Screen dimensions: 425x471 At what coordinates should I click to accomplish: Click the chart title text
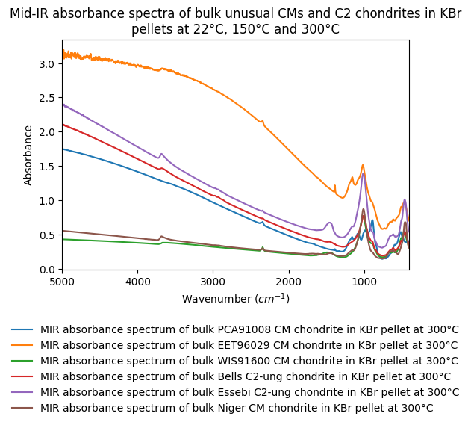235,22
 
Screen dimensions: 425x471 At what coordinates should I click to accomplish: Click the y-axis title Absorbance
28,155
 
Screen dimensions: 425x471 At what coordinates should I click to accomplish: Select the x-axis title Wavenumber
235,299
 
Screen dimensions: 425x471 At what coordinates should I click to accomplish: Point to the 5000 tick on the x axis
63,282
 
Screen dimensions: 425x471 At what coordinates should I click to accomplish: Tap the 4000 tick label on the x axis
137,282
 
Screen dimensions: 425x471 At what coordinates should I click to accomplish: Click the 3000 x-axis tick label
213,282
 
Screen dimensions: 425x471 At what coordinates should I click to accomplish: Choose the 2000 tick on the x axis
288,282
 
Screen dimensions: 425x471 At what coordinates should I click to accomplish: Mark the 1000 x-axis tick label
364,282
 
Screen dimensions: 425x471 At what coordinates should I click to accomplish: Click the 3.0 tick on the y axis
46,64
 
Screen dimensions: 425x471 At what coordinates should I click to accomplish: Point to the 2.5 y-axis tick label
46,98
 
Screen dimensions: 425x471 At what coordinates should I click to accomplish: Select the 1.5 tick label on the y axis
46,167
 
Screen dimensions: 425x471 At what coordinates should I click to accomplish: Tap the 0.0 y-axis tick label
46,269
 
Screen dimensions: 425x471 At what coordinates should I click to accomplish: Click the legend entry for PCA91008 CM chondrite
249,329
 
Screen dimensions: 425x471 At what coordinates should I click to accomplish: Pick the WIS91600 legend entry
249,361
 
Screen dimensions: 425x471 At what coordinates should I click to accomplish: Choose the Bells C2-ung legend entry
249,376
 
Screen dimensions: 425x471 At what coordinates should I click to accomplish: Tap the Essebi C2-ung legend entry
249,392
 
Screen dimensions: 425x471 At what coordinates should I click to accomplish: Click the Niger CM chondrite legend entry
237,408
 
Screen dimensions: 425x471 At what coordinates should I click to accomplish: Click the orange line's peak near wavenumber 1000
363,166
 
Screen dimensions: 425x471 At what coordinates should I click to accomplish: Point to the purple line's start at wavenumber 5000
63,104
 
